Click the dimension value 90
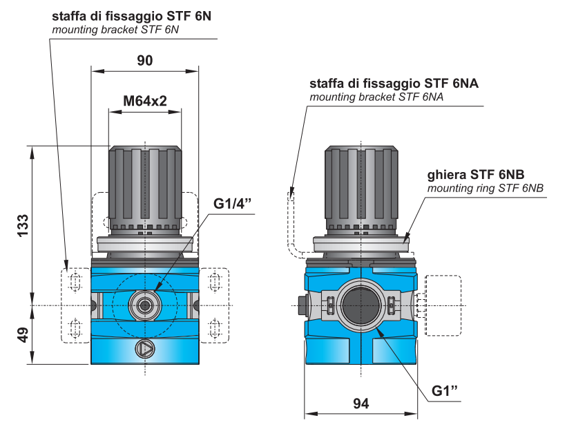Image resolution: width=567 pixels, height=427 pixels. (x=144, y=60)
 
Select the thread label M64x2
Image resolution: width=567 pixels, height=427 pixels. (x=145, y=101)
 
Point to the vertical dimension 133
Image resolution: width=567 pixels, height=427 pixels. (x=22, y=226)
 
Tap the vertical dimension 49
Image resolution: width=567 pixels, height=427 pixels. (x=22, y=335)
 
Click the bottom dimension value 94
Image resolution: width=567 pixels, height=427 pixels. (x=361, y=403)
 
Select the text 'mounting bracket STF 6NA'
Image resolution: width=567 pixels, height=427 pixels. (x=376, y=97)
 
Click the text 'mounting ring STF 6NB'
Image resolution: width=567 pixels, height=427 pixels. (x=485, y=188)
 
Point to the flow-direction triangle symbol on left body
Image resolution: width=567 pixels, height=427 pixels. (x=146, y=348)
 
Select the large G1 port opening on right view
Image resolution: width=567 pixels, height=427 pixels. (x=361, y=305)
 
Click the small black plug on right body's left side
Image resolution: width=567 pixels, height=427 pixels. (x=300, y=304)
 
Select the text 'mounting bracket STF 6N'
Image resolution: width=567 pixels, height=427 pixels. (x=115, y=29)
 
